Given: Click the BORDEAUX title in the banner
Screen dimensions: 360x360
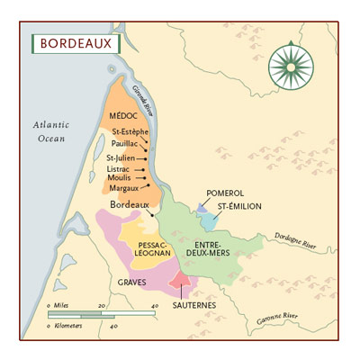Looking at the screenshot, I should pyautogui.click(x=71, y=43).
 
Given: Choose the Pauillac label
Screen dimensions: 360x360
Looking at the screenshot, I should pyautogui.click(x=126, y=145).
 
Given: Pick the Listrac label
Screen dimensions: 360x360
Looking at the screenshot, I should pyautogui.click(x=119, y=168).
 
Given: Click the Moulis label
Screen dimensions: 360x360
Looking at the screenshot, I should pyautogui.click(x=120, y=178).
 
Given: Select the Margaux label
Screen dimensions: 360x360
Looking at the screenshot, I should pyautogui.click(x=123, y=188).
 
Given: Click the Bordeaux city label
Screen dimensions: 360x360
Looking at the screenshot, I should pyautogui.click(x=128, y=205).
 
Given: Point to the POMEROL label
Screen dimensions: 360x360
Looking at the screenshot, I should pyautogui.click(x=225, y=193).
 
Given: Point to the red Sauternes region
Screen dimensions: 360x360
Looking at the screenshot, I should pyautogui.click(x=181, y=283).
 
